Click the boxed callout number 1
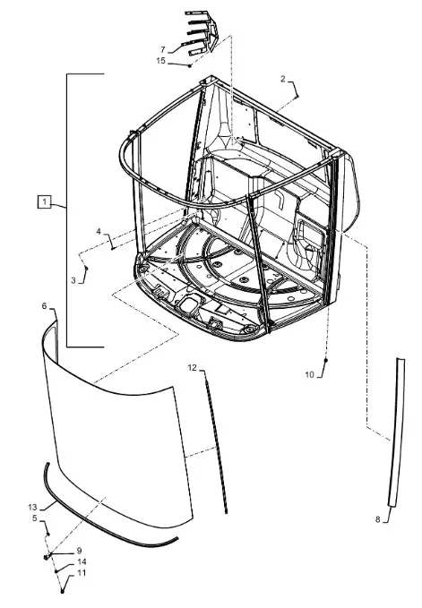[x=44, y=202]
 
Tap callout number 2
[x=283, y=79]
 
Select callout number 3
[x=73, y=280]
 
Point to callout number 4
[x=99, y=232]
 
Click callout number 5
[x=35, y=518]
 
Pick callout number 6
[x=44, y=306]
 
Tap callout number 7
[x=163, y=49]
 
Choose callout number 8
[x=378, y=519]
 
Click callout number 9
[x=79, y=551]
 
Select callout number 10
[x=309, y=374]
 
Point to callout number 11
[x=82, y=573]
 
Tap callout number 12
[x=193, y=368]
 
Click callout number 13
[x=32, y=507]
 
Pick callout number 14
[x=82, y=561]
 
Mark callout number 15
[x=161, y=61]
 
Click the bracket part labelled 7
[x=202, y=33]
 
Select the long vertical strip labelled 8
[x=396, y=432]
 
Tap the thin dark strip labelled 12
[x=216, y=442]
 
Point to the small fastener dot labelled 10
[x=326, y=361]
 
